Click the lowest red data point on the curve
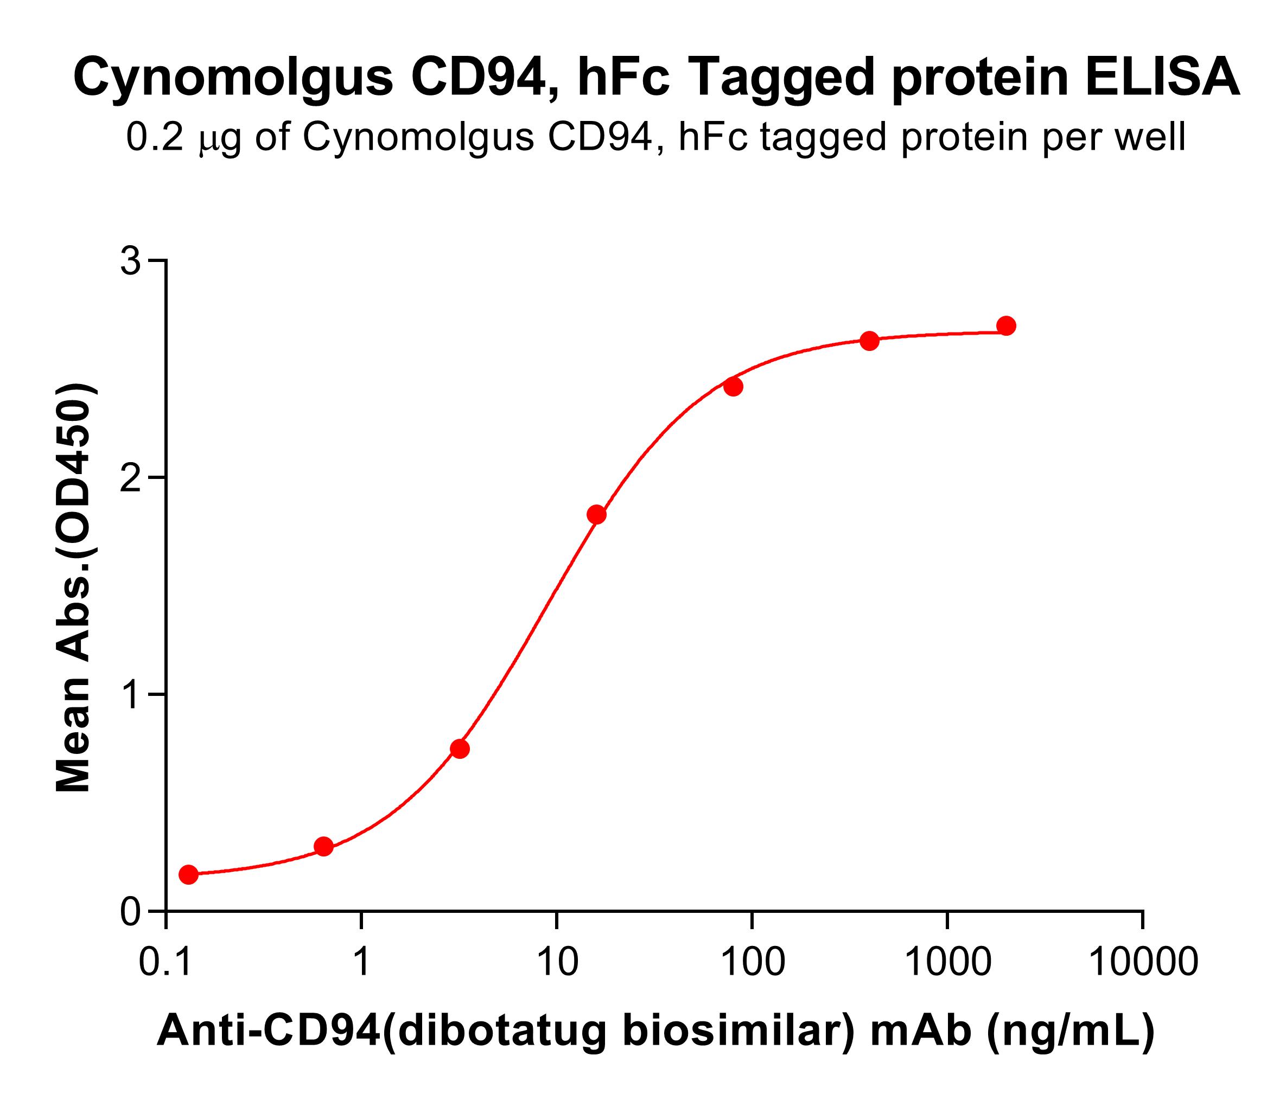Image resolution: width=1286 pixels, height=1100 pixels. coord(189,875)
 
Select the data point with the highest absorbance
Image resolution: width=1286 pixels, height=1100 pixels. coord(1006,326)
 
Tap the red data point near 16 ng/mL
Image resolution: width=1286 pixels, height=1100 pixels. coord(596,514)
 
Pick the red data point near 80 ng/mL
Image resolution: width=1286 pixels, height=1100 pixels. coord(734,387)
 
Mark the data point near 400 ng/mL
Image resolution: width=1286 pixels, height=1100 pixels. coord(869,341)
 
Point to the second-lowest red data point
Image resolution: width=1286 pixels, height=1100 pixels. coord(323,846)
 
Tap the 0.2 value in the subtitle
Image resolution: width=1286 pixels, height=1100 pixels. coord(156,137)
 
